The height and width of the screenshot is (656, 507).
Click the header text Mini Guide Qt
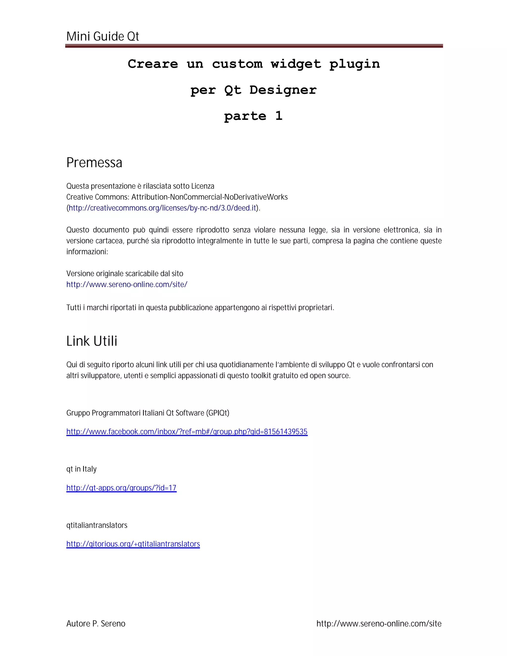coord(102,37)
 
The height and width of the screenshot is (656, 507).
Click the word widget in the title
coord(296,64)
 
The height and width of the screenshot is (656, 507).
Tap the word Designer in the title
coord(283,90)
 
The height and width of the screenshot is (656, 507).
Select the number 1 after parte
coord(279,116)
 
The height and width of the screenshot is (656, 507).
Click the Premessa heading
coord(94,163)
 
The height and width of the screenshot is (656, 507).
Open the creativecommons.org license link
coord(162,208)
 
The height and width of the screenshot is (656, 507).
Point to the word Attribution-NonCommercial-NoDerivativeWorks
coord(209,197)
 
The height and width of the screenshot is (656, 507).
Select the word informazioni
coord(87,252)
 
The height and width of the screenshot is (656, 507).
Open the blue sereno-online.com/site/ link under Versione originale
coord(127,284)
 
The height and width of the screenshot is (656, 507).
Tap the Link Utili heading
coord(92,341)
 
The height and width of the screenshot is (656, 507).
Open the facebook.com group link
coord(187,432)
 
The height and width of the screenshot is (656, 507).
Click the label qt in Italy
coord(81,469)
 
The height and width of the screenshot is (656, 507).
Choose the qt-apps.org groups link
coord(121,488)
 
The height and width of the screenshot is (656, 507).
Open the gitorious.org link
coord(133,544)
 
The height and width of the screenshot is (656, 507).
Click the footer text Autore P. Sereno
coord(96,624)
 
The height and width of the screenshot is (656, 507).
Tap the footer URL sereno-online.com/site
coord(379,624)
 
